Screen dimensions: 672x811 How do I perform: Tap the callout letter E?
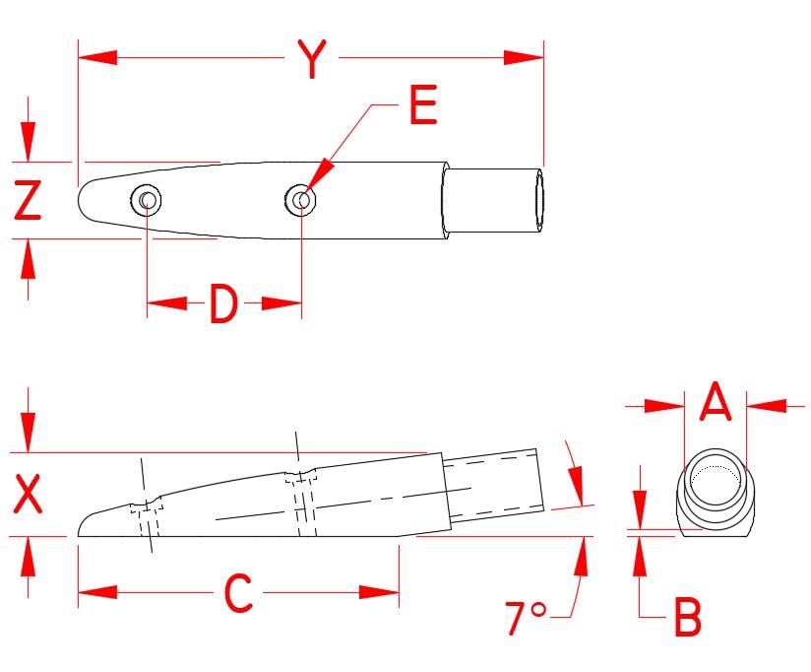click(x=422, y=105)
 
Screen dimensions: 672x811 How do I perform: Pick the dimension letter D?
click(x=223, y=305)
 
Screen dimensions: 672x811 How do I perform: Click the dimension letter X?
click(x=29, y=495)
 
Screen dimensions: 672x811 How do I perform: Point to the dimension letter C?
click(x=239, y=593)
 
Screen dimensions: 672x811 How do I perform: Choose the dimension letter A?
click(x=715, y=403)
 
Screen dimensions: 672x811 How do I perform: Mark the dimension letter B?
click(x=688, y=620)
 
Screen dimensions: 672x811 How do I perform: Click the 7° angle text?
click(x=525, y=619)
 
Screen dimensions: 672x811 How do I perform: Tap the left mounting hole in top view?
click(x=147, y=201)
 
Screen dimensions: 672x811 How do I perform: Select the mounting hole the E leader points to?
click(x=302, y=200)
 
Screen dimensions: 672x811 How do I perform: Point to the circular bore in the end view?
click(x=715, y=481)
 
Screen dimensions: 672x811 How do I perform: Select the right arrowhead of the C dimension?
click(x=379, y=592)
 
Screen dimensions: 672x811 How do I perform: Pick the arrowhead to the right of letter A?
click(x=765, y=404)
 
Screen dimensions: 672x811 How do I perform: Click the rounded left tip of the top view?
click(x=82, y=200)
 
